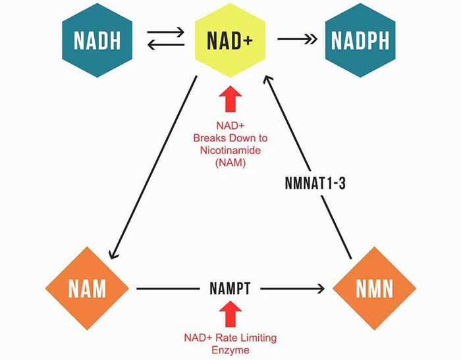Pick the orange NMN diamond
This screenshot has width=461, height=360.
click(x=373, y=289)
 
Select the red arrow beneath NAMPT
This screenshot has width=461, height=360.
click(x=230, y=315)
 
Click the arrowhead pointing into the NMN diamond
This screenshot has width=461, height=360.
click(x=322, y=289)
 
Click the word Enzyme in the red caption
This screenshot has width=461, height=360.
click(x=230, y=350)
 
